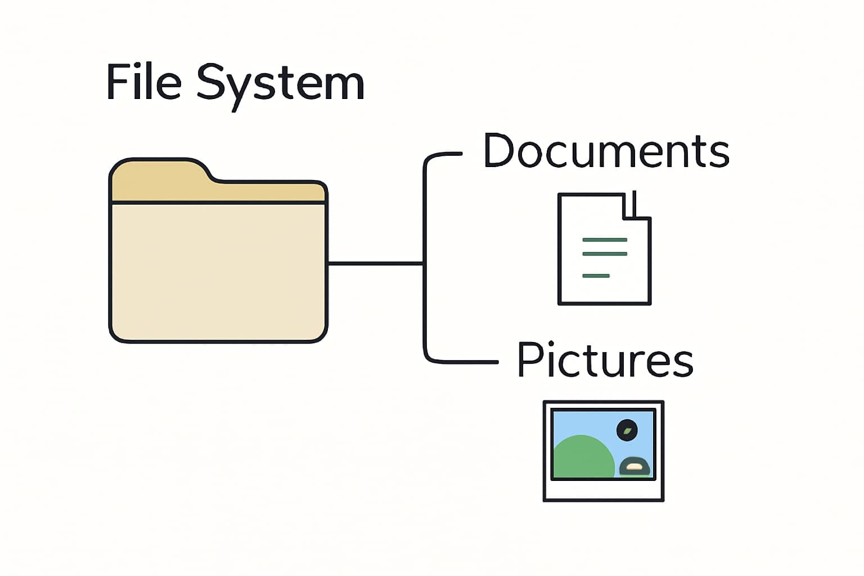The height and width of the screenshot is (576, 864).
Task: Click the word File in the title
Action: click(143, 83)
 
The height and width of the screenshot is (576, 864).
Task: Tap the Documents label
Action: click(606, 151)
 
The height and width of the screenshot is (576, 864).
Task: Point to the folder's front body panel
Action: click(218, 270)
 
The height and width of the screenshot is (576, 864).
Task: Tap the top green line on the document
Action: click(604, 240)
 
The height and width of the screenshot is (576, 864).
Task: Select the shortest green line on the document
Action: click(596, 276)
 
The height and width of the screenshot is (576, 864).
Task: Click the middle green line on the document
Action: click(604, 254)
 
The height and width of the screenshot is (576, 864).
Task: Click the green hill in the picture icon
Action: click(582, 458)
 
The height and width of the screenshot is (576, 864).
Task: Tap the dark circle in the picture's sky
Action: click(627, 430)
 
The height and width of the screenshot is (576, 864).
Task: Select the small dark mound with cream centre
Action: click(634, 466)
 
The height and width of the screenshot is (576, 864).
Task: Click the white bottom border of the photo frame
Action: click(603, 490)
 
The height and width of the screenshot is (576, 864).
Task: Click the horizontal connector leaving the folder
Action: click(375, 263)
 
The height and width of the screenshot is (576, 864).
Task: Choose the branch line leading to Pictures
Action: click(461, 362)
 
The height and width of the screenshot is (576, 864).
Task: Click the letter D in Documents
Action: click(497, 151)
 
